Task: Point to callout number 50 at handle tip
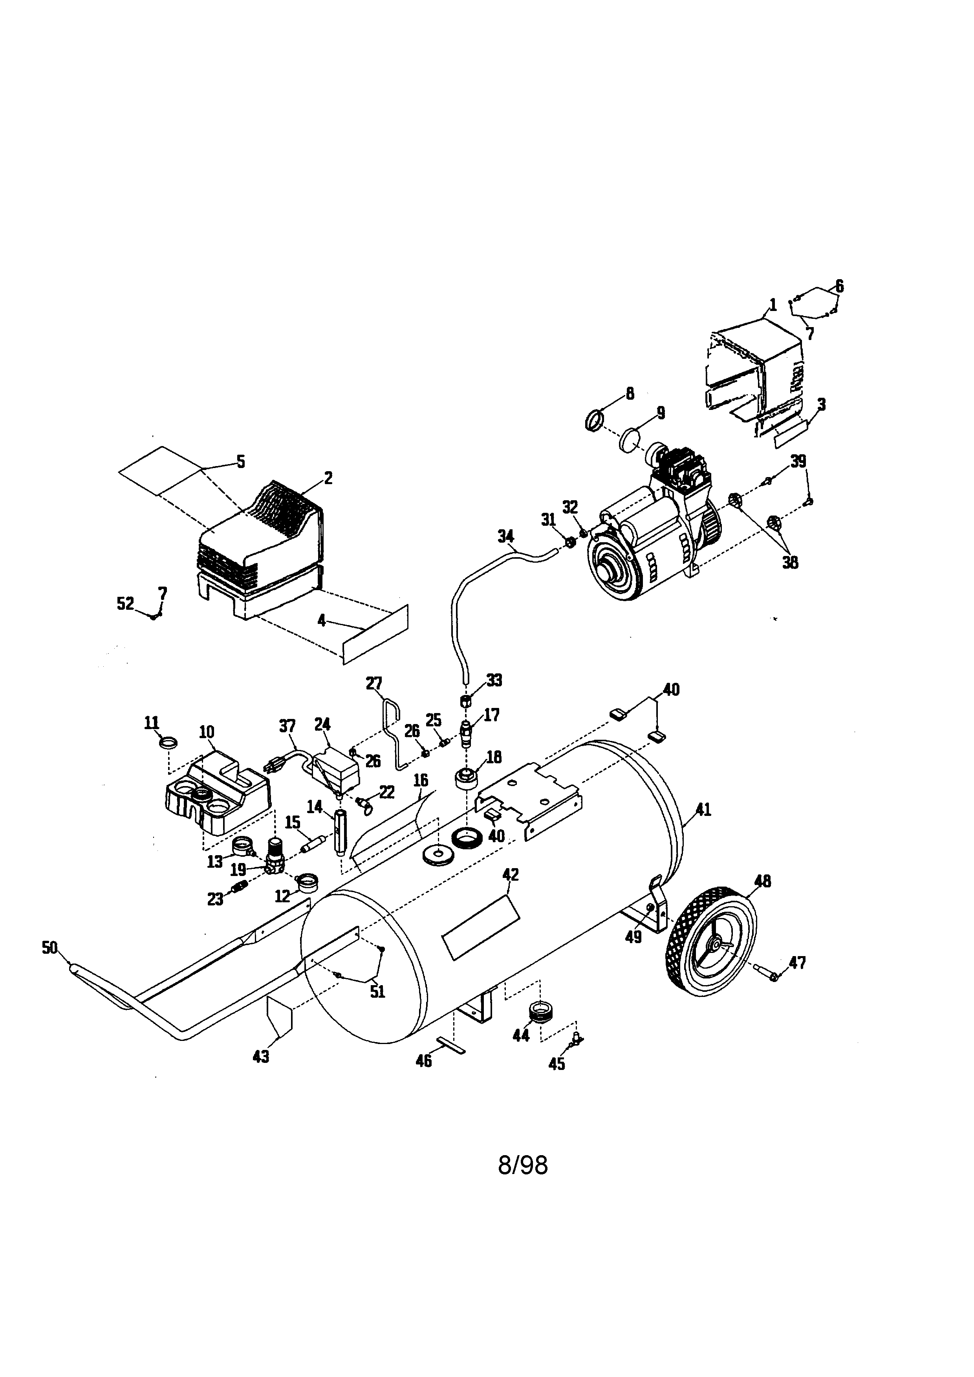(x=50, y=947)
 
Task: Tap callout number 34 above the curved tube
(x=505, y=536)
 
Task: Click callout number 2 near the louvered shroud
(x=328, y=478)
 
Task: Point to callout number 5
(x=240, y=461)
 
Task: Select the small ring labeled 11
(x=168, y=742)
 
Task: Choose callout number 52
(x=125, y=603)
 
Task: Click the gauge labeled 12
(x=307, y=881)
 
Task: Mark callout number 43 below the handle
(x=261, y=1057)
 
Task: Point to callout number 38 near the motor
(x=790, y=563)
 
